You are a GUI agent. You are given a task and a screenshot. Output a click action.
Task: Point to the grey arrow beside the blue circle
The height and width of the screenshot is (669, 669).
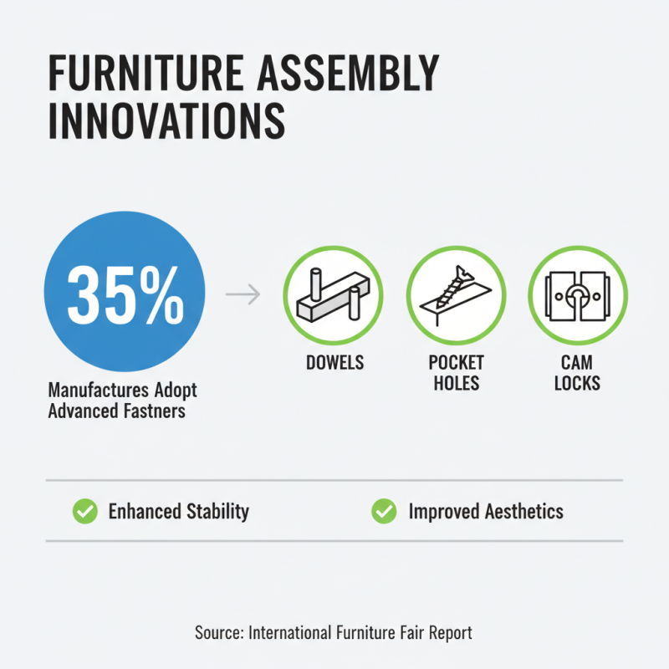243,295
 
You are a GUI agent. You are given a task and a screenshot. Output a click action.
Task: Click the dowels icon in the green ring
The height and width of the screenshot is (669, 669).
332,295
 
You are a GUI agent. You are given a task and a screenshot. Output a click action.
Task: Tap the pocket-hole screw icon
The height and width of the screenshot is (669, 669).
456,295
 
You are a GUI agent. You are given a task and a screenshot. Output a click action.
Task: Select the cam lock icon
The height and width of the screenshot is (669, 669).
578,295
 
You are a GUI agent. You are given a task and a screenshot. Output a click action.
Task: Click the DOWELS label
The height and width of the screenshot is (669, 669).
332,365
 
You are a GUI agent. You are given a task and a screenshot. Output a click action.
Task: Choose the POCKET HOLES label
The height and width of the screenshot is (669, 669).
456,374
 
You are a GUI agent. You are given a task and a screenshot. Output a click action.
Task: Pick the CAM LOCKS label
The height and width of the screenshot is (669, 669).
577,374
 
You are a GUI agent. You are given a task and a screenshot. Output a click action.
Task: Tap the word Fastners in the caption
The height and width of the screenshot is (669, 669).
151,411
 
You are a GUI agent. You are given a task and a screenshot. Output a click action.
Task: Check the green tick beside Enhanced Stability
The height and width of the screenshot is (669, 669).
84,511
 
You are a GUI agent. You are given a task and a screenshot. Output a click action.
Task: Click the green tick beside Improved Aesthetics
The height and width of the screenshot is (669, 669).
384,511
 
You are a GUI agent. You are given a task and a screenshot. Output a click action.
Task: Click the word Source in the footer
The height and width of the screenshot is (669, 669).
219,632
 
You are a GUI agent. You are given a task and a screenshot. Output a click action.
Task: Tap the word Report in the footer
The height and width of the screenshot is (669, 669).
449,632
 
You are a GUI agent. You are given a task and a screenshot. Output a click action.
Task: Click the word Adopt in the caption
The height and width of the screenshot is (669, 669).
176,391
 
